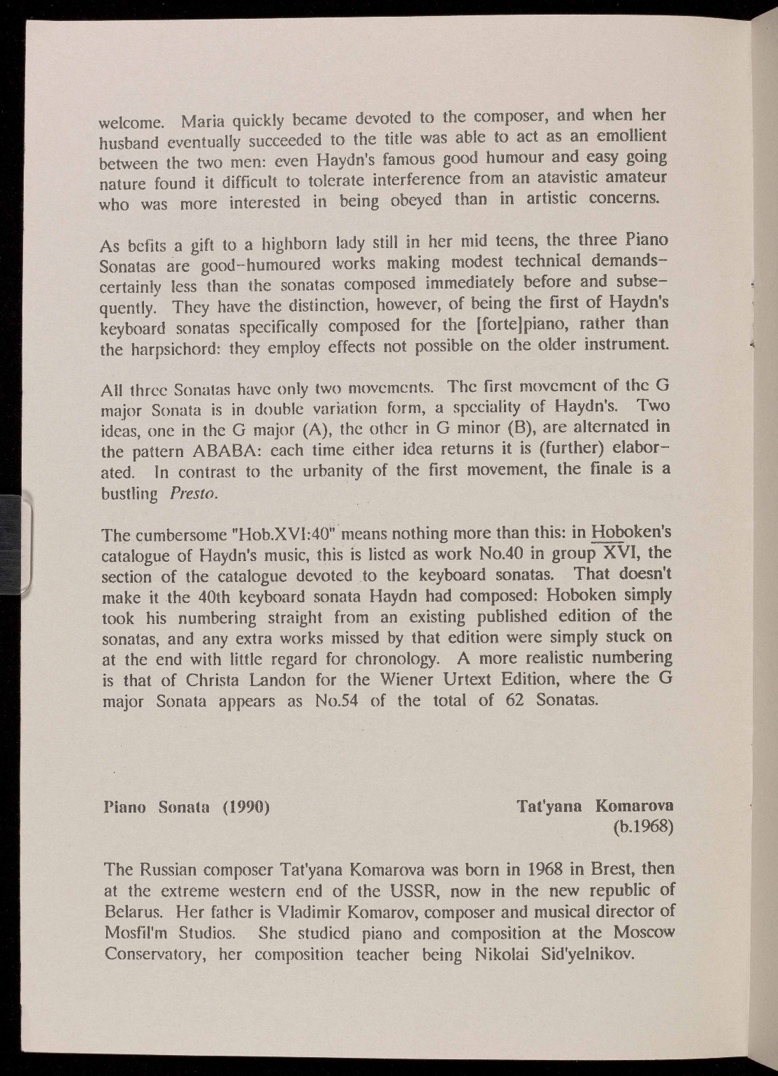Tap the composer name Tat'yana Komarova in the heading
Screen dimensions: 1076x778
pyautogui.click(x=595, y=806)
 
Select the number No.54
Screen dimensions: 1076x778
pyautogui.click(x=333, y=701)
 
